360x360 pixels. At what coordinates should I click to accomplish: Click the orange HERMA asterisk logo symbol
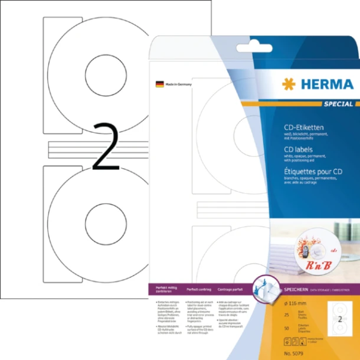point(289,84)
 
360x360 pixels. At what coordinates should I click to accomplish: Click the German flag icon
point(159,84)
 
